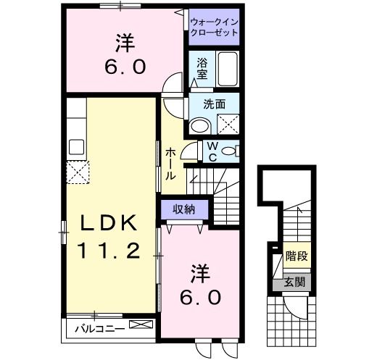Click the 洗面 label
coord(213,104)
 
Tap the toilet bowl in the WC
coord(230,151)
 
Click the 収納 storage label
coord(183,209)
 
